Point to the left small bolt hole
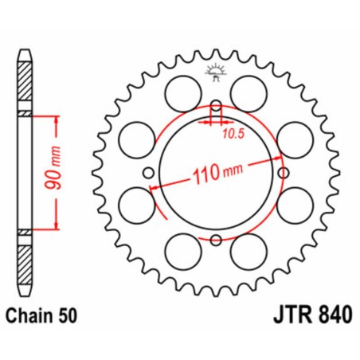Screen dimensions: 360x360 tap(148, 172)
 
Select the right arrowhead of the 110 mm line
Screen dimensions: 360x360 tap(272, 160)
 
